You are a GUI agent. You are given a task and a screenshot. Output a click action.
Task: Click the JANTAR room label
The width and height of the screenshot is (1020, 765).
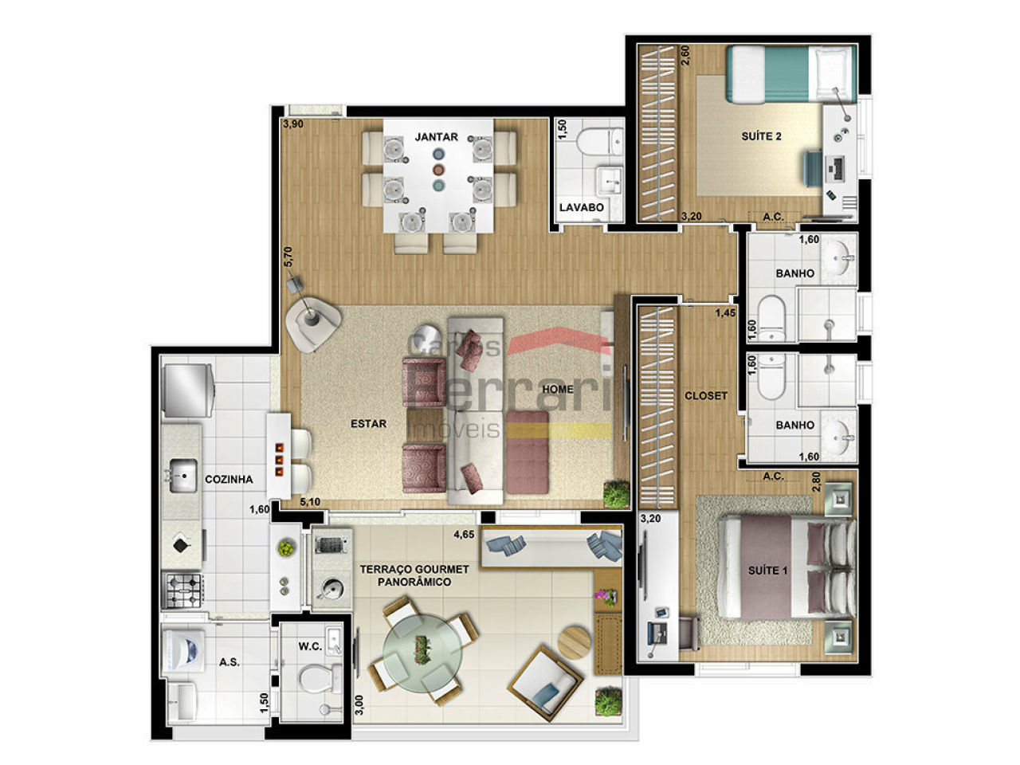click(x=436, y=137)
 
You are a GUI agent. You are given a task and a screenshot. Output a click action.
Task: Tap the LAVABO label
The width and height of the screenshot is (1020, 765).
click(x=582, y=207)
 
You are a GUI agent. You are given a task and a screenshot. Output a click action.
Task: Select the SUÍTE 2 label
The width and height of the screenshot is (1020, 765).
click(x=761, y=136)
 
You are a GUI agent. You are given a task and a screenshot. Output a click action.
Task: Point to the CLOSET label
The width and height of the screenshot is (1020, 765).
click(x=706, y=396)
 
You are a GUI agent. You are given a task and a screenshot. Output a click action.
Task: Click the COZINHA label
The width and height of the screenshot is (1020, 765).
click(x=229, y=480)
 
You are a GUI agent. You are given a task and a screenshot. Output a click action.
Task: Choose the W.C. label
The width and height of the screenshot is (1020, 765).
click(x=310, y=646)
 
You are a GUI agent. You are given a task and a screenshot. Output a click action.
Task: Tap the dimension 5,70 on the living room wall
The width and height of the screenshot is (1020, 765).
click(x=288, y=257)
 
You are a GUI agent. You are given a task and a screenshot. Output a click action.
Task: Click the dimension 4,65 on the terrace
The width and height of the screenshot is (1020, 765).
click(x=465, y=535)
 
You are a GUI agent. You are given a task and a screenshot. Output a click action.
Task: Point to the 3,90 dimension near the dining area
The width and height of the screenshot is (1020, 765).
click(x=293, y=124)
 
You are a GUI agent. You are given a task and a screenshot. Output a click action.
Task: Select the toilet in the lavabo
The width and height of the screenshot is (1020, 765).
click(x=600, y=142)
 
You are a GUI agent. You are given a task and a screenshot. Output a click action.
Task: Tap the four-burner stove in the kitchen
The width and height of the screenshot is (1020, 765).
click(x=182, y=590)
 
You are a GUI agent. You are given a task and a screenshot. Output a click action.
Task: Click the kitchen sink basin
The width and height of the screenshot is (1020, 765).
click(x=183, y=475)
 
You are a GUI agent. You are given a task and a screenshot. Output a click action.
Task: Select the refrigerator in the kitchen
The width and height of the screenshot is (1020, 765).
click(x=188, y=390)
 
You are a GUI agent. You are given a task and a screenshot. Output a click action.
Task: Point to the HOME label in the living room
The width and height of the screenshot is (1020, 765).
click(x=557, y=389)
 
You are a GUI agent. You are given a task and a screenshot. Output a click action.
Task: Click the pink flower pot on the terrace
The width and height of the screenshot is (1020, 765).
click(x=606, y=596)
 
